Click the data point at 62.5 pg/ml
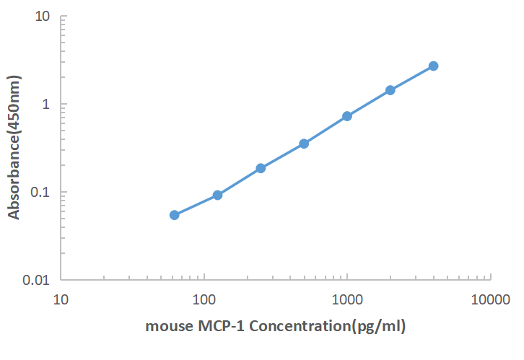tap(175, 215)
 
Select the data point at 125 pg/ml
tap(217, 195)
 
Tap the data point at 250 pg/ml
tap(261, 168)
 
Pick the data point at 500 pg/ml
tap(304, 144)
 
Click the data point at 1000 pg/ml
tap(347, 116)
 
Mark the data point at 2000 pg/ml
tap(390, 90)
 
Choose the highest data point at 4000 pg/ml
tap(433, 66)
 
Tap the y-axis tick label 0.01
tap(36, 280)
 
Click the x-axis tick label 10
tap(61, 298)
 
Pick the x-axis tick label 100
tap(204, 298)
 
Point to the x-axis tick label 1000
tap(347, 298)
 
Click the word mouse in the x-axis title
tap(167, 327)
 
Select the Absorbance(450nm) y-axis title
tap(14, 149)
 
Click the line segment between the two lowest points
tap(196, 205)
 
